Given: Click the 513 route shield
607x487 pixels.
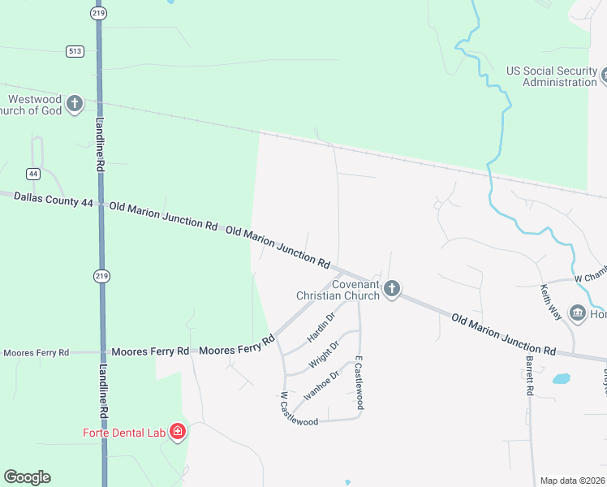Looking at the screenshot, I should [75, 51].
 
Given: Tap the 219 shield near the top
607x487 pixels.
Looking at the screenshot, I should [98, 14].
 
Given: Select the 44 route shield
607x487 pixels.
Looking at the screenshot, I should [33, 174].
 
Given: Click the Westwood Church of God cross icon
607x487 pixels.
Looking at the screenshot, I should [75, 104].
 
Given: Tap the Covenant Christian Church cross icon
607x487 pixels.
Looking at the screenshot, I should [391, 289].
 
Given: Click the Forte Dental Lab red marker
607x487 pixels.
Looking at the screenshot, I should [177, 432].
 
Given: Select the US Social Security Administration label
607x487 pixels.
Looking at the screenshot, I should [552, 76].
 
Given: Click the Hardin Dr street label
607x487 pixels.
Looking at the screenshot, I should [321, 326].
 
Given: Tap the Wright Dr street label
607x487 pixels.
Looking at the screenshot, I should [323, 355].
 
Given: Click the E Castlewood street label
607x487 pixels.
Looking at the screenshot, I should [358, 386].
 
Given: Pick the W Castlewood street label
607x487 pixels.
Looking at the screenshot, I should [298, 410].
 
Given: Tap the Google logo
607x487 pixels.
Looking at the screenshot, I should [27, 477].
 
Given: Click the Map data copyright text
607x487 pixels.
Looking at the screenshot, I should [573, 481].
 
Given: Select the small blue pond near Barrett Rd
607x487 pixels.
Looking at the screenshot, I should [561, 378].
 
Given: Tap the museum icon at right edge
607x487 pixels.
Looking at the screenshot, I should [578, 313].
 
